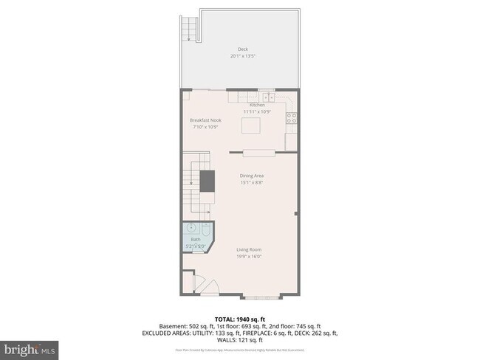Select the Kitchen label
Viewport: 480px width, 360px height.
(x=257, y=105)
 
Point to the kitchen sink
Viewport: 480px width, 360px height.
(x=267, y=97)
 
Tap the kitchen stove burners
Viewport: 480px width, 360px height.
(x=291, y=117)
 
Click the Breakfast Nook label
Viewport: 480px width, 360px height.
(x=205, y=120)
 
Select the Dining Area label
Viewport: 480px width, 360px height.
(x=252, y=176)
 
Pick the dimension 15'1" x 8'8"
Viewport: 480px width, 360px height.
(x=252, y=182)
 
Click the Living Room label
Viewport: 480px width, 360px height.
(x=249, y=250)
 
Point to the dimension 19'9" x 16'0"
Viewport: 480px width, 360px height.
(x=249, y=257)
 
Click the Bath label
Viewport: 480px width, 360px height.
(x=196, y=240)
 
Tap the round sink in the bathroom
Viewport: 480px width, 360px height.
(x=191, y=229)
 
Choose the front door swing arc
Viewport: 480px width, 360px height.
(x=208, y=286)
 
